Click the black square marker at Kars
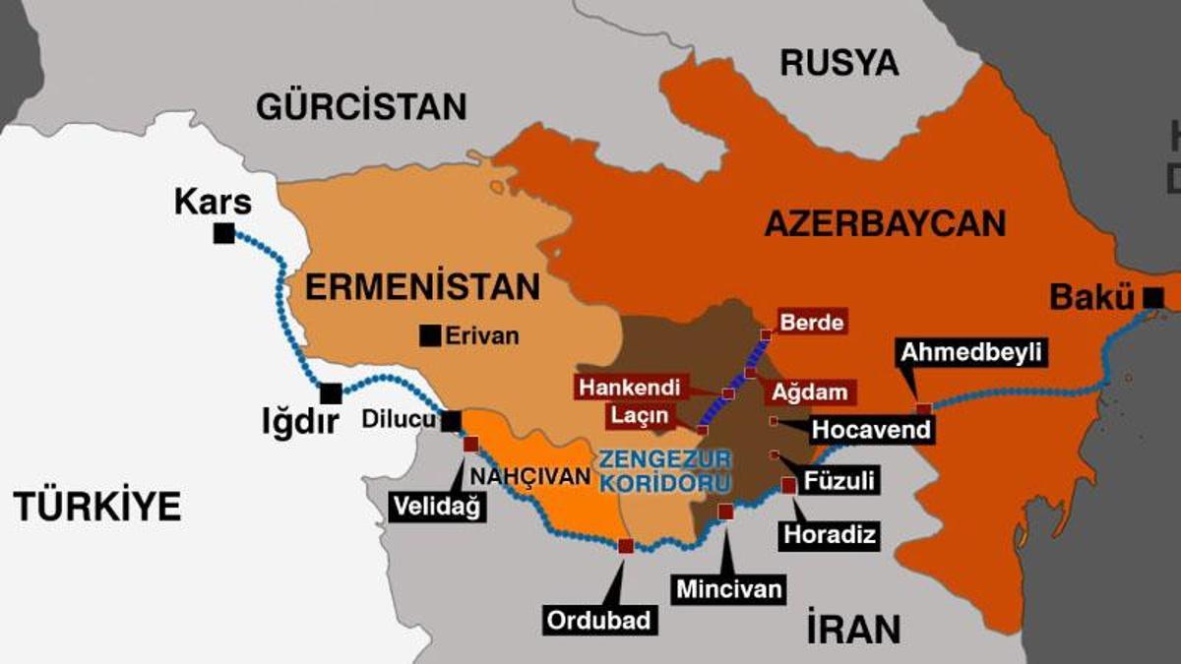[224, 233]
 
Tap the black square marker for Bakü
[1154, 296]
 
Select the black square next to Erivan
[430, 335]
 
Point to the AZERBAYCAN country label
[885, 223]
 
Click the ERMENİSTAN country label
[422, 287]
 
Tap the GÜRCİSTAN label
[361, 106]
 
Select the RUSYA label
[839, 63]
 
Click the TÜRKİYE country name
[97, 506]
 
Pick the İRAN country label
[852, 628]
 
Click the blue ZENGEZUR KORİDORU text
[666, 471]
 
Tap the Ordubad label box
[598, 620]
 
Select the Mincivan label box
[729, 588]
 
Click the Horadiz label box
[828, 534]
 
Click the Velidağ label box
[438, 507]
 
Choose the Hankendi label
[630, 386]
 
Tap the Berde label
[812, 322]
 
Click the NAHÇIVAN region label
[532, 476]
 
